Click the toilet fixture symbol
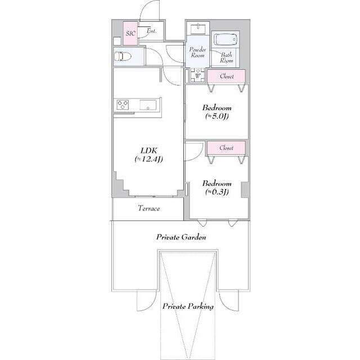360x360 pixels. (123, 56)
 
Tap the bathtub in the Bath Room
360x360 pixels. (226, 40)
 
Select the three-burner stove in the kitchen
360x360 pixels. (123, 105)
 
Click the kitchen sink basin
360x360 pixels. (148, 105)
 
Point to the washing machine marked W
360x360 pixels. (197, 75)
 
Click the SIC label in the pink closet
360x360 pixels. (130, 34)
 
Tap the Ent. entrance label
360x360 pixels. (151, 31)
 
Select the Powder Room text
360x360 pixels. (197, 52)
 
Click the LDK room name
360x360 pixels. (148, 151)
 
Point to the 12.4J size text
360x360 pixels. (148, 159)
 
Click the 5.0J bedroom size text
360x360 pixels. (217, 116)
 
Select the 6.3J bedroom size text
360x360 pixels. (217, 192)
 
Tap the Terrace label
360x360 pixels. (148, 208)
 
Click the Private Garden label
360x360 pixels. (181, 237)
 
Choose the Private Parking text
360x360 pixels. (188, 307)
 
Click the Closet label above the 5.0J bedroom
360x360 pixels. (227, 76)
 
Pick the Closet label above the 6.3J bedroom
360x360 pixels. (226, 148)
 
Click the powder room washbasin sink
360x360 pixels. (198, 29)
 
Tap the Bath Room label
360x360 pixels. (226, 57)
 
